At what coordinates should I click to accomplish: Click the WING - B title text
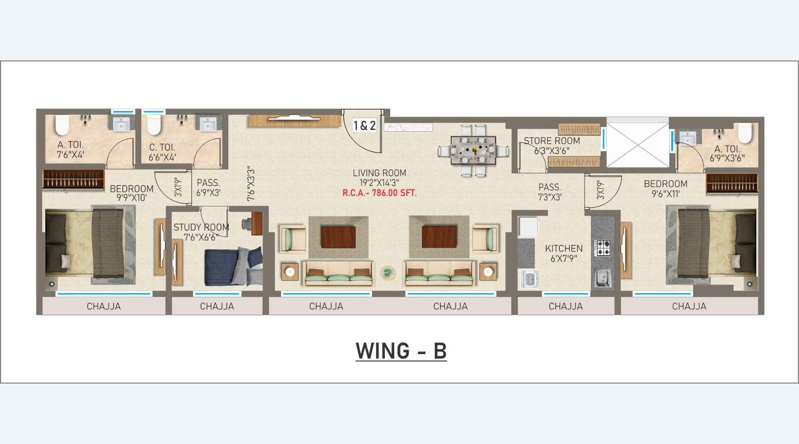click(400, 351)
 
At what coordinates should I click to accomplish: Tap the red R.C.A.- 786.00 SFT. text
click(379, 193)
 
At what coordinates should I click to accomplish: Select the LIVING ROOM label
click(380, 173)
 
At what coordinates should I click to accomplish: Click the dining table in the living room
click(473, 150)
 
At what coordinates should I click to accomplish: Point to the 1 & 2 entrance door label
click(365, 125)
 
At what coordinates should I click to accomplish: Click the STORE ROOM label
click(551, 141)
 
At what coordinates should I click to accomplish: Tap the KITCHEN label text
click(564, 248)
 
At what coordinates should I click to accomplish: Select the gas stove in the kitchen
click(602, 248)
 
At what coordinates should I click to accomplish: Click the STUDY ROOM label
click(201, 227)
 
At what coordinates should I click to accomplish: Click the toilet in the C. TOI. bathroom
click(154, 125)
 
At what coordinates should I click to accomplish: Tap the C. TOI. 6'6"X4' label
click(162, 152)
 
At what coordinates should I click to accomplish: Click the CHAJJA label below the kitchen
click(565, 306)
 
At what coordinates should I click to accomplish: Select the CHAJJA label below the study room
click(217, 306)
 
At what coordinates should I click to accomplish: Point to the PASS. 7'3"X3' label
click(549, 192)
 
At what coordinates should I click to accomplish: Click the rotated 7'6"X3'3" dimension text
click(251, 184)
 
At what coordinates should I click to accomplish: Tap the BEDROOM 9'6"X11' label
click(665, 189)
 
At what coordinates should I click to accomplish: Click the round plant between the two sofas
click(388, 273)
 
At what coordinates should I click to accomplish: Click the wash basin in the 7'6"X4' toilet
click(121, 124)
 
